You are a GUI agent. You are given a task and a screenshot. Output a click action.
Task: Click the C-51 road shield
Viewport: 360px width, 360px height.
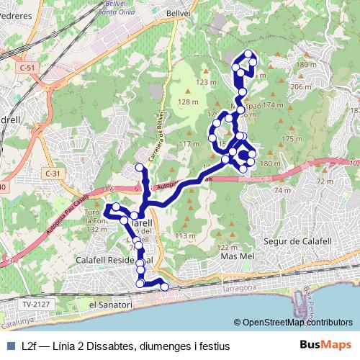tap(27, 67)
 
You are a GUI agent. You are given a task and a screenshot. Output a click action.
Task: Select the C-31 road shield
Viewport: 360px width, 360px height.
tap(51, 174)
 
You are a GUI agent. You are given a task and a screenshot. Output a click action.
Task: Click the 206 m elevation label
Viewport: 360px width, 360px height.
tap(300, 86)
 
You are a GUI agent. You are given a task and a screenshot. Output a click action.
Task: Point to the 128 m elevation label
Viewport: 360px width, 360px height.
tap(189, 102)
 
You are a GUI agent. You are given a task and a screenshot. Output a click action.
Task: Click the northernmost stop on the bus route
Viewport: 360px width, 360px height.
tap(249, 54)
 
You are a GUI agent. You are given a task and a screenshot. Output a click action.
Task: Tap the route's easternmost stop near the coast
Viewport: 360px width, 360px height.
tap(164, 287)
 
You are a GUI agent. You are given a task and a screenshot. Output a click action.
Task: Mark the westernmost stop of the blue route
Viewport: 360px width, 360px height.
tap(109, 208)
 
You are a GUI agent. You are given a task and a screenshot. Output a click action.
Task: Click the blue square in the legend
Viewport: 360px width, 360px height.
tap(9, 346)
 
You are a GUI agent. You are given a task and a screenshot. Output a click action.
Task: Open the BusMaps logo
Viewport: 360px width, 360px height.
tap(325, 346)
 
